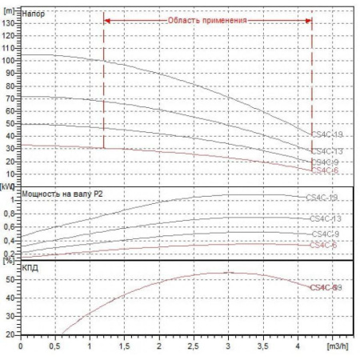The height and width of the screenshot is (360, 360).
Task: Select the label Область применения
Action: point(207,20)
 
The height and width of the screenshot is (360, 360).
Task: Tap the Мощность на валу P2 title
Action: point(66,194)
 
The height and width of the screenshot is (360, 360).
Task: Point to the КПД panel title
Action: point(32,267)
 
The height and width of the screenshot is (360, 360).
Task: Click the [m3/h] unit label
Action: point(337,348)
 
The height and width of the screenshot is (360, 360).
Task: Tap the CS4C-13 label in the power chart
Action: point(325,218)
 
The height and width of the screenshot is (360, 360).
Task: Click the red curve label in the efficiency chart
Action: point(326,286)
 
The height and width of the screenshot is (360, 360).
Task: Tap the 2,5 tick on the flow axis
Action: point(194,348)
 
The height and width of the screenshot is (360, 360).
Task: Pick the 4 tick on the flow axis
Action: point(298,348)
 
